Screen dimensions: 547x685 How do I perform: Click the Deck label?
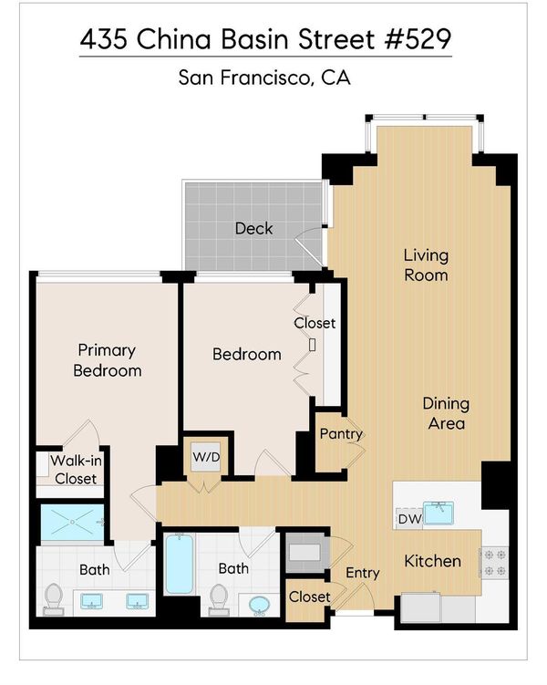[x=253, y=228]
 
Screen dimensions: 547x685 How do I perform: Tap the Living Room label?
[x=426, y=265]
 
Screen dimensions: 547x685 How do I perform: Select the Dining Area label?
[x=446, y=413]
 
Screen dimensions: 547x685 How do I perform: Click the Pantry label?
[x=341, y=434]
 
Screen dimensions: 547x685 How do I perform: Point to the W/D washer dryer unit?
[x=206, y=457]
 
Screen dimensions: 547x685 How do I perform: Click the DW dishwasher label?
[x=410, y=519]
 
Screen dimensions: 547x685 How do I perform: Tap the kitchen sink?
[x=439, y=513]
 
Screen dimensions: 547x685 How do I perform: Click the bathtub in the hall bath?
[x=180, y=564]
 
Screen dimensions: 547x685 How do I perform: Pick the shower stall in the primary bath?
[x=72, y=522]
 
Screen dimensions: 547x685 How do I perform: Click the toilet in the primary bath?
[x=54, y=598]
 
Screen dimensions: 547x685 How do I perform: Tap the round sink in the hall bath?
[x=260, y=606]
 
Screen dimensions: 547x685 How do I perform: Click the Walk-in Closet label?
[x=76, y=470]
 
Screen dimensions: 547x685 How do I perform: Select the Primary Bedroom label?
[x=107, y=360]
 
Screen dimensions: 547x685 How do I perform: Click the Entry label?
[x=362, y=573]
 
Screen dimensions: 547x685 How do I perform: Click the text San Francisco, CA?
[x=264, y=78]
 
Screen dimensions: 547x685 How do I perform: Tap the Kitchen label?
[x=432, y=561]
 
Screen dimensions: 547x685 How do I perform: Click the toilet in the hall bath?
[x=218, y=599]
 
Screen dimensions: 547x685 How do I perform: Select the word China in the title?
[x=173, y=39]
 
